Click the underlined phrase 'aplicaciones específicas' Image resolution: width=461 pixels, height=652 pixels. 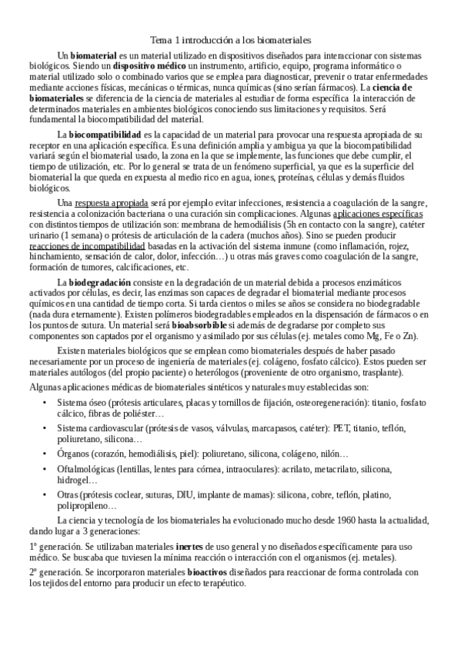[379, 214]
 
